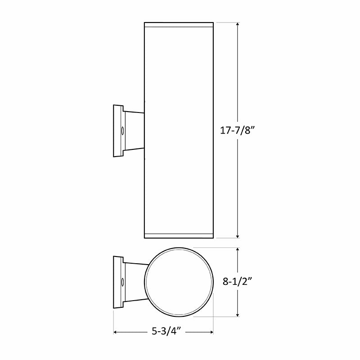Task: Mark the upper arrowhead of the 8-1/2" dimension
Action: (237, 251)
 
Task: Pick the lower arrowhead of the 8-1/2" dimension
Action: (237, 315)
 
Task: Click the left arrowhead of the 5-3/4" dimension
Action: (116, 333)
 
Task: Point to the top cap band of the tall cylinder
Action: (178, 24)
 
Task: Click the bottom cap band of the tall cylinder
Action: (178, 235)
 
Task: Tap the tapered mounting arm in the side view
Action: (134, 131)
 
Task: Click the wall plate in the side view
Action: (118, 131)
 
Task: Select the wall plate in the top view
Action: (118, 283)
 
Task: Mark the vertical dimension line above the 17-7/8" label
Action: (237, 76)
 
